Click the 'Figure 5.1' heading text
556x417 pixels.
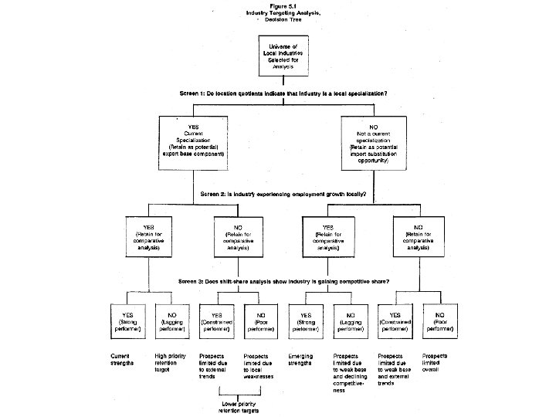click(x=276, y=5)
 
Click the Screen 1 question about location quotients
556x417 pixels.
click(x=283, y=93)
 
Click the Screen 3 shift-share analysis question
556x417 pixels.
click(x=283, y=280)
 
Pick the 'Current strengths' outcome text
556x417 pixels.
click(x=123, y=358)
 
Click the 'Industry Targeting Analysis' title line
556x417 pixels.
click(x=276, y=13)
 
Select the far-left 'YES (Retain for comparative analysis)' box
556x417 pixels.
click(x=148, y=235)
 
